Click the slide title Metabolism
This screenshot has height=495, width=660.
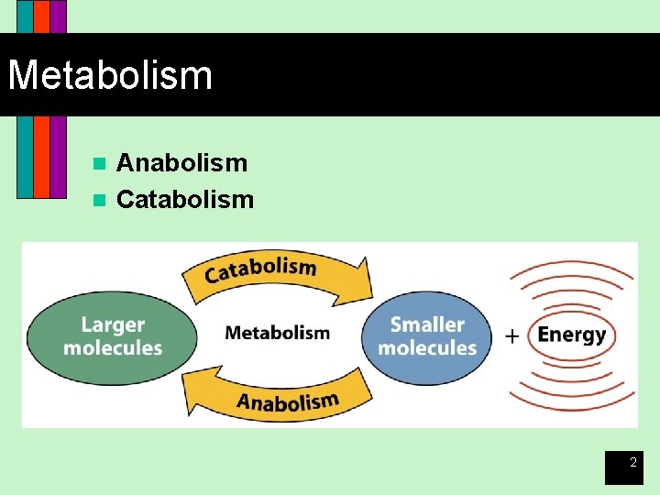[110, 75]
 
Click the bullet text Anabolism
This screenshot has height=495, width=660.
[181, 163]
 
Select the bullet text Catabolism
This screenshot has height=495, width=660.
[185, 199]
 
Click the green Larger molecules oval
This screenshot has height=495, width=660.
[112, 335]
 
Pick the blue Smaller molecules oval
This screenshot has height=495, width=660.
[427, 335]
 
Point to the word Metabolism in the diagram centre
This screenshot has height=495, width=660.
[277, 333]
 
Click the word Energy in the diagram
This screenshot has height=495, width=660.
[571, 335]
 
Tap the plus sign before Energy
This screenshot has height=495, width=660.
[512, 336]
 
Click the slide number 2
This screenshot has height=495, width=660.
[632, 464]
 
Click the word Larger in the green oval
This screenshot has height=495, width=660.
[113, 324]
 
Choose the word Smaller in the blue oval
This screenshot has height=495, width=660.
[427, 324]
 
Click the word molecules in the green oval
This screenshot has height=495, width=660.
[113, 348]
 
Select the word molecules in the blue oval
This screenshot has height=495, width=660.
[427, 348]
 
